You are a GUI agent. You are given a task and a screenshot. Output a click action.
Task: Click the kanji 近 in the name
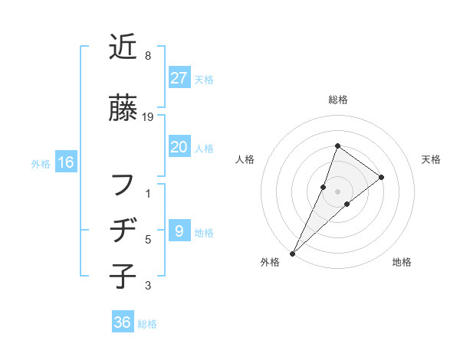click(123, 47)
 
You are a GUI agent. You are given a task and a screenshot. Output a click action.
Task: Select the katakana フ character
click(123, 185)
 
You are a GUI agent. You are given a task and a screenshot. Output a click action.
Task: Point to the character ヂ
click(123, 230)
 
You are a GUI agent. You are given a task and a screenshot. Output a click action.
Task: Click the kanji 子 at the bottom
click(123, 275)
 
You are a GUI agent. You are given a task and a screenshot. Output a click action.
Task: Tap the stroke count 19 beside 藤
click(148, 117)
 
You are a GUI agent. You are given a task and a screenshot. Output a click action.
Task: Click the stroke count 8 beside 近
click(147, 57)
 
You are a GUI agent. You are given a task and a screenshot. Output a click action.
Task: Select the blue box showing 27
click(179, 78)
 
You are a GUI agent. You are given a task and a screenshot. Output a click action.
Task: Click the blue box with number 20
click(179, 148)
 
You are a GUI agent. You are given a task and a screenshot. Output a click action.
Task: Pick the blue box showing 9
click(179, 231)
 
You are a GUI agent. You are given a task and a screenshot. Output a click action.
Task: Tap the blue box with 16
click(65, 162)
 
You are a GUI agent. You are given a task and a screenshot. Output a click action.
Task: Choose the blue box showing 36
click(123, 322)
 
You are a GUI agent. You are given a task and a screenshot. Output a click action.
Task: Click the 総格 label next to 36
click(147, 324)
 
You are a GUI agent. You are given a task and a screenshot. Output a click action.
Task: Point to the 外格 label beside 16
click(41, 163)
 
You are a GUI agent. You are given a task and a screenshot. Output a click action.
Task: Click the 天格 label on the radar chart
click(431, 159)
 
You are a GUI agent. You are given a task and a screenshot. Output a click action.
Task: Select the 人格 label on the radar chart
click(245, 159)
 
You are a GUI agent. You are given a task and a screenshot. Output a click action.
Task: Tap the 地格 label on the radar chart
click(402, 262)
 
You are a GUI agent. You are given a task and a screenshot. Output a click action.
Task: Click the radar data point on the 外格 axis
click(292, 253)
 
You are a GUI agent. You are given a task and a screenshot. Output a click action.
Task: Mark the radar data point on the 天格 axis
click(381, 177)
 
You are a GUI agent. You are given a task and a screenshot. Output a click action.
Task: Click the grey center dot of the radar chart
click(337, 191)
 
